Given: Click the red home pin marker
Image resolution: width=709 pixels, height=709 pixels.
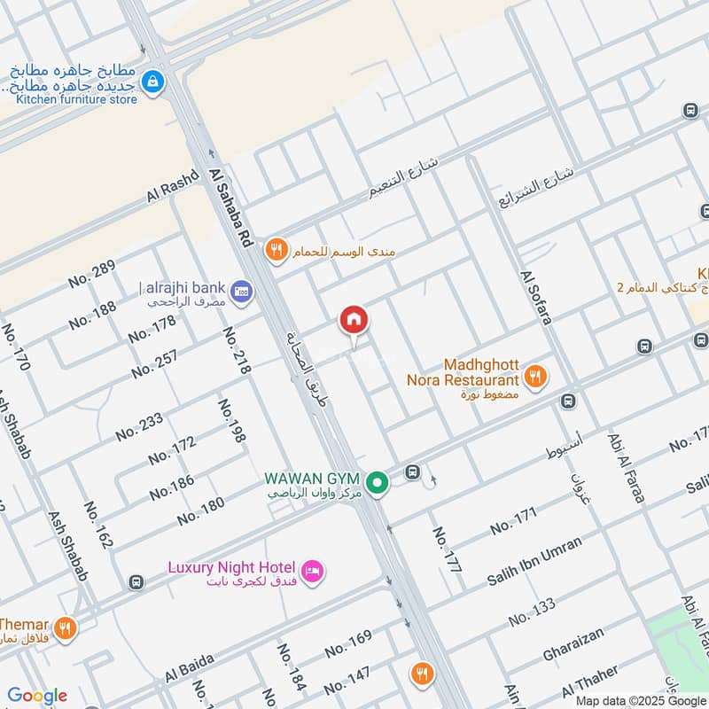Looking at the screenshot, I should click(353, 320).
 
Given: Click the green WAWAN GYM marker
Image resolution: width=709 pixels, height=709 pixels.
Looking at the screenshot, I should click(378, 483).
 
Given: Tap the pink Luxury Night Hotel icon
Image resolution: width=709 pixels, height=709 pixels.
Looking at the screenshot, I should click(311, 569).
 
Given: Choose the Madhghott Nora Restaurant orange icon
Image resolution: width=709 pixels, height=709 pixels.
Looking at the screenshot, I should click(534, 376).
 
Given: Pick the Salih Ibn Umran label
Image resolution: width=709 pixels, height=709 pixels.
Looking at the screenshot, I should click(534, 560).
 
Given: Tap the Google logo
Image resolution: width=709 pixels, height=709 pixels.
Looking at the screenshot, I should click(37, 696).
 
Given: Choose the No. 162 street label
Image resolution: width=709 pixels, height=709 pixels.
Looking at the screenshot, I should click(98, 525).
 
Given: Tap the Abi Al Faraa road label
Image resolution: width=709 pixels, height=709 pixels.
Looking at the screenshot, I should click(626, 468).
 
